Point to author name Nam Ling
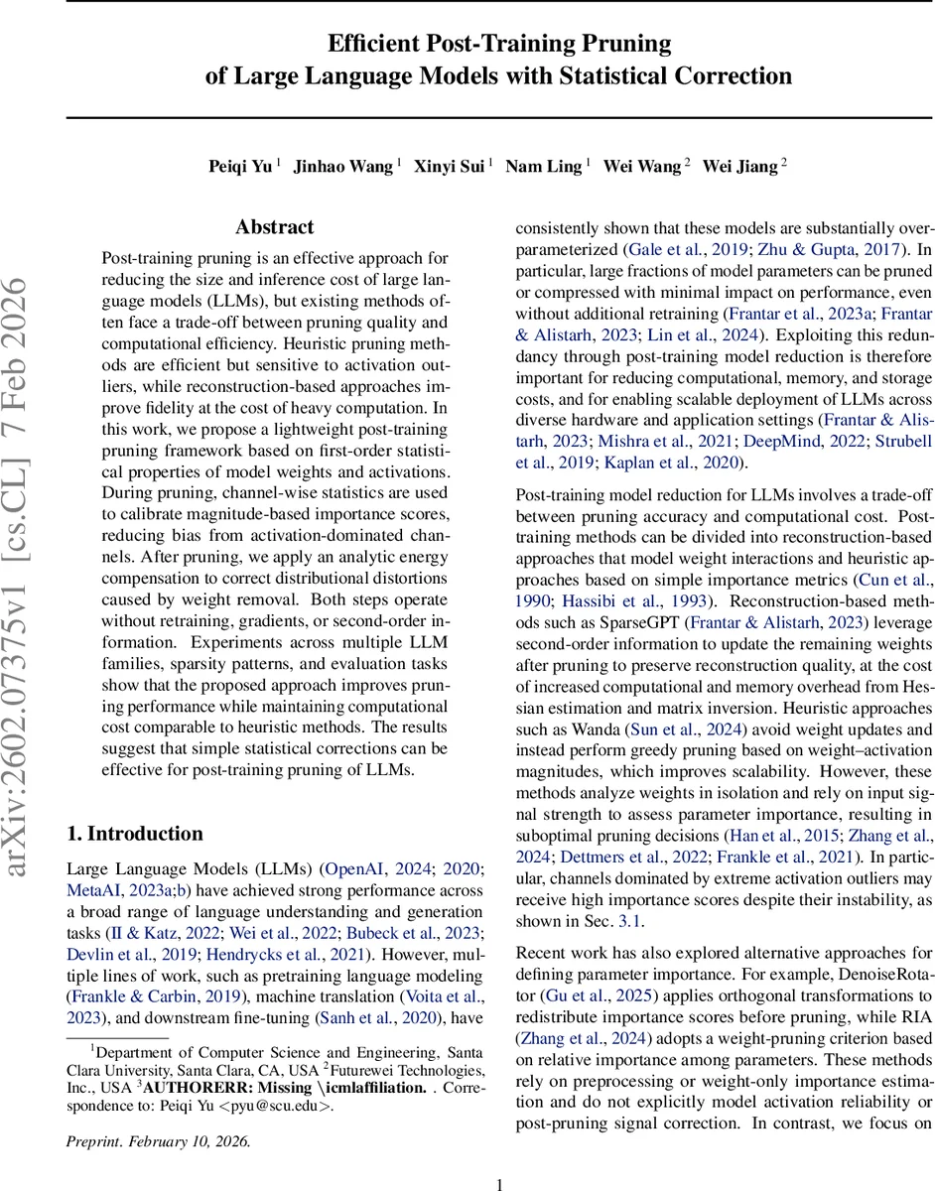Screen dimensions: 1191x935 pos(543,167)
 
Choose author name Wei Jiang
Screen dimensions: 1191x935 pos(739,167)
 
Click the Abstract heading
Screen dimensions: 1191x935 pos(275,227)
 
